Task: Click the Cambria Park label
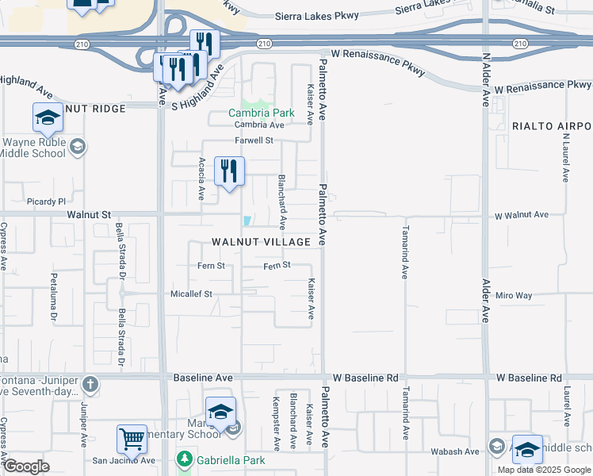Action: point(261,113)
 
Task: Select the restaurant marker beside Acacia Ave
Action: point(229,171)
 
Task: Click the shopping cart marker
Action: point(132,439)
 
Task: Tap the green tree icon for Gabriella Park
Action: point(184,459)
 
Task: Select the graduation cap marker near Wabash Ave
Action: point(527,450)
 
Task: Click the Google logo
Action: point(27,466)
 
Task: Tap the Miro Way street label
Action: point(514,295)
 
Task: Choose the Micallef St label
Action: point(190,294)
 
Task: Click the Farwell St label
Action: point(254,140)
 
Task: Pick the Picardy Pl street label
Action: point(44,202)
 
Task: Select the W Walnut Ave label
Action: point(521,215)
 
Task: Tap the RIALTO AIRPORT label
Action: point(552,126)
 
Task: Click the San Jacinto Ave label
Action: point(123,460)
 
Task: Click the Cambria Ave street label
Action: point(258,125)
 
